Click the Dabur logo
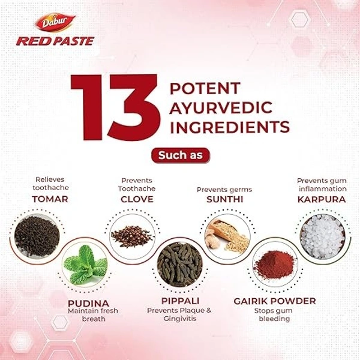coord(55,22)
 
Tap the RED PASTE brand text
coord(55,41)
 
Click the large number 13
coord(115,107)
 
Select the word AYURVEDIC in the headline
coord(221,107)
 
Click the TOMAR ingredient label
coord(50,199)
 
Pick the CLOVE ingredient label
coord(137,199)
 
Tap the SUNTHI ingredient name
coord(224,199)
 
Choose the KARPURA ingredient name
coord(322,199)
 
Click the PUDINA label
coord(88,303)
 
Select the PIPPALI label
coord(180,301)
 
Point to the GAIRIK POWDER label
coord(275,301)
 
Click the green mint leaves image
coord(85,265)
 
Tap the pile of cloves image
coord(132,236)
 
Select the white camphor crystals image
coord(323,236)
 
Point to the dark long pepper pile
coord(180,265)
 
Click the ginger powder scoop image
coord(227,236)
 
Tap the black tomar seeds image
coord(37,236)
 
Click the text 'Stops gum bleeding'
coord(274,314)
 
